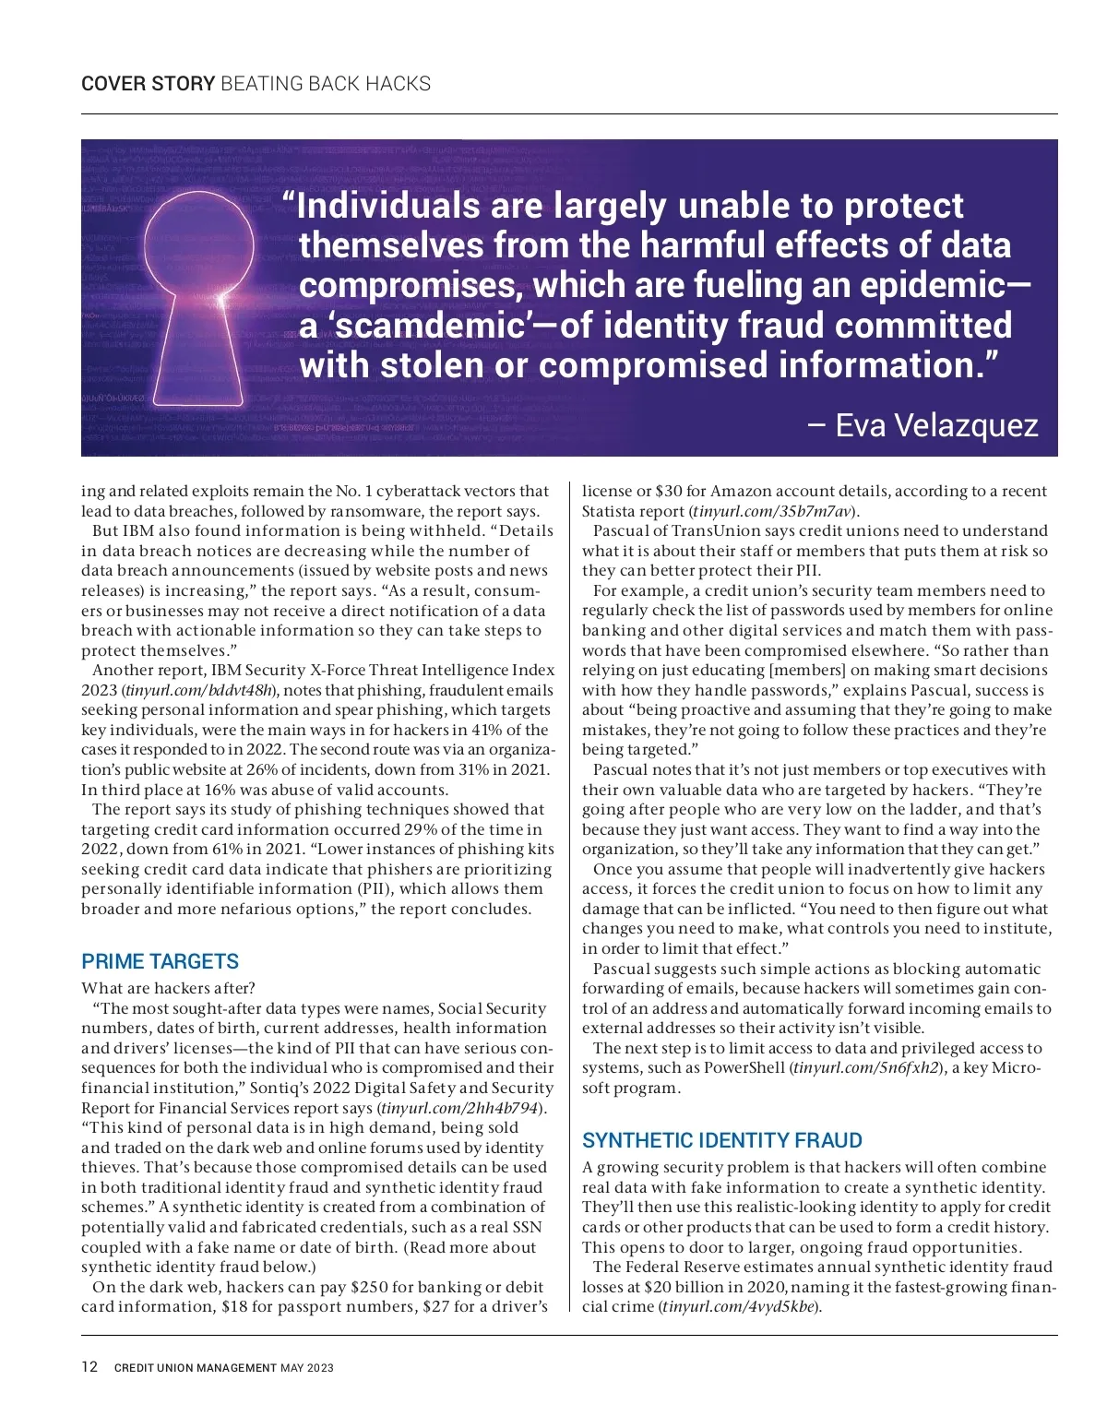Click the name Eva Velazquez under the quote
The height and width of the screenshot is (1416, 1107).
click(x=935, y=425)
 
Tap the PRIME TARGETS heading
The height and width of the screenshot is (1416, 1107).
click(x=160, y=961)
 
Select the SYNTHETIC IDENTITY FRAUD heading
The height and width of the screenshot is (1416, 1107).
click(x=721, y=1140)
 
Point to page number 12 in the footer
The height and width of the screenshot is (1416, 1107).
click(x=89, y=1367)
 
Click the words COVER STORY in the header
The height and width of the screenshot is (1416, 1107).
click(x=148, y=84)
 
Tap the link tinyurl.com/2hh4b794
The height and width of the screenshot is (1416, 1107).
click(x=461, y=1108)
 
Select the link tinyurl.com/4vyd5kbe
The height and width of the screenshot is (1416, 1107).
click(x=739, y=1307)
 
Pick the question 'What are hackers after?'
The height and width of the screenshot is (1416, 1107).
click(x=168, y=988)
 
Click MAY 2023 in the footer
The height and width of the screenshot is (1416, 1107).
click(x=307, y=1368)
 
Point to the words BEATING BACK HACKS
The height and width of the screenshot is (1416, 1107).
click(x=326, y=84)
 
